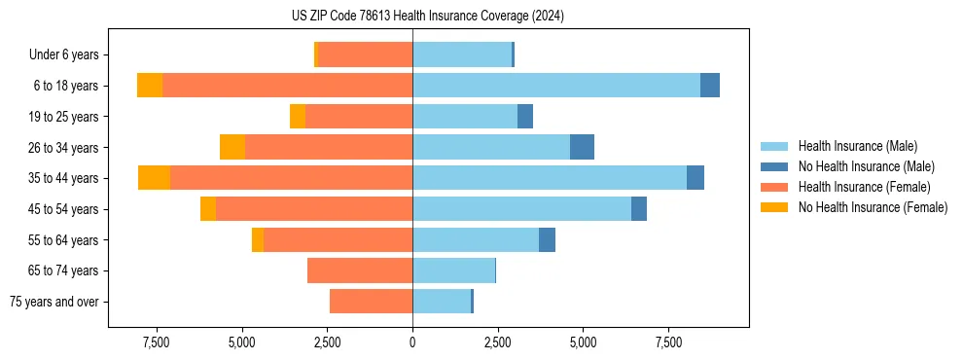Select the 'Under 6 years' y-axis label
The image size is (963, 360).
pos(69,55)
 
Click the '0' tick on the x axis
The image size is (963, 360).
pos(412,342)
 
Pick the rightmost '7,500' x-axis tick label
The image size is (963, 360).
pos(668,342)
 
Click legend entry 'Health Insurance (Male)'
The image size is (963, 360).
pos(857,146)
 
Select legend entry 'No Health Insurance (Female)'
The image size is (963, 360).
pos(873,207)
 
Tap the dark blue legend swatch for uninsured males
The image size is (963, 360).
pos(775,166)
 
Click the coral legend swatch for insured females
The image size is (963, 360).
pos(775,187)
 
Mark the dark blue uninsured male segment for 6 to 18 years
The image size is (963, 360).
pos(710,86)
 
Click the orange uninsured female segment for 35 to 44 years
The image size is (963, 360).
pos(154,178)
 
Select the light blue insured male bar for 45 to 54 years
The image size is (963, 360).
pos(521,209)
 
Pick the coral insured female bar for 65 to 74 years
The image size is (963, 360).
pos(360,270)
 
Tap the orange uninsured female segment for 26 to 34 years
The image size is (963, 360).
pos(232,147)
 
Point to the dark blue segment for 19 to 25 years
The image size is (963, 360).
pos(525,117)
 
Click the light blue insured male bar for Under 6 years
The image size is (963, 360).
pos(462,55)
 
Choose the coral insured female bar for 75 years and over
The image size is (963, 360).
pos(371,302)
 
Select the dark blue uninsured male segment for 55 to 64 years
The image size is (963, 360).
pos(547,240)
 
